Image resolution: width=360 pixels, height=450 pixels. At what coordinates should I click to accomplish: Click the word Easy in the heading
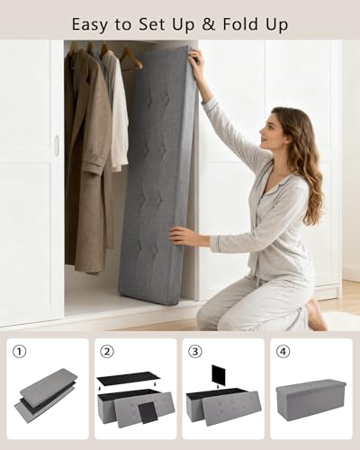point(90,24)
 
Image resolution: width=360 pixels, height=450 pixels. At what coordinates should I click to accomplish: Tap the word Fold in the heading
point(239,23)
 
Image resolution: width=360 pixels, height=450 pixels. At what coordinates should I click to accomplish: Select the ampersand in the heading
point(209,24)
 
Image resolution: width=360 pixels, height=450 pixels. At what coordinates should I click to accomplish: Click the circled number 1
point(20,352)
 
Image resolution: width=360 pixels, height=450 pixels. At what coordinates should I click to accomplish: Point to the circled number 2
point(107,352)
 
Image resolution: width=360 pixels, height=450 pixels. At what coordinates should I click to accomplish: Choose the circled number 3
point(195,352)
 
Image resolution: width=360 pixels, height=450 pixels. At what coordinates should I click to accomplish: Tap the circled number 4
point(283,352)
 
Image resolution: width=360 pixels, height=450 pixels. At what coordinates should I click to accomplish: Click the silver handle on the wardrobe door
point(57,146)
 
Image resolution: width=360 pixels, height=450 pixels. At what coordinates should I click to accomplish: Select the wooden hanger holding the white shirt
point(130,59)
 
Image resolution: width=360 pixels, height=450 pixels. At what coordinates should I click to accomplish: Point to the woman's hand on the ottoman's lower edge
point(183,237)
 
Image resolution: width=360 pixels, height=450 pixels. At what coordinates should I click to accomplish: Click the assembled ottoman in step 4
point(310,399)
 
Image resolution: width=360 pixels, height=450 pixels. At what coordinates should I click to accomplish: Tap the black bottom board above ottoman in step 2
point(129,379)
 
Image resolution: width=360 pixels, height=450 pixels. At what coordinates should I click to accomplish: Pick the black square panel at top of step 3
point(219,374)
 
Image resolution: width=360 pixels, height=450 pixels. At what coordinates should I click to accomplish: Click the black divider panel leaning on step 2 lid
point(148,412)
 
